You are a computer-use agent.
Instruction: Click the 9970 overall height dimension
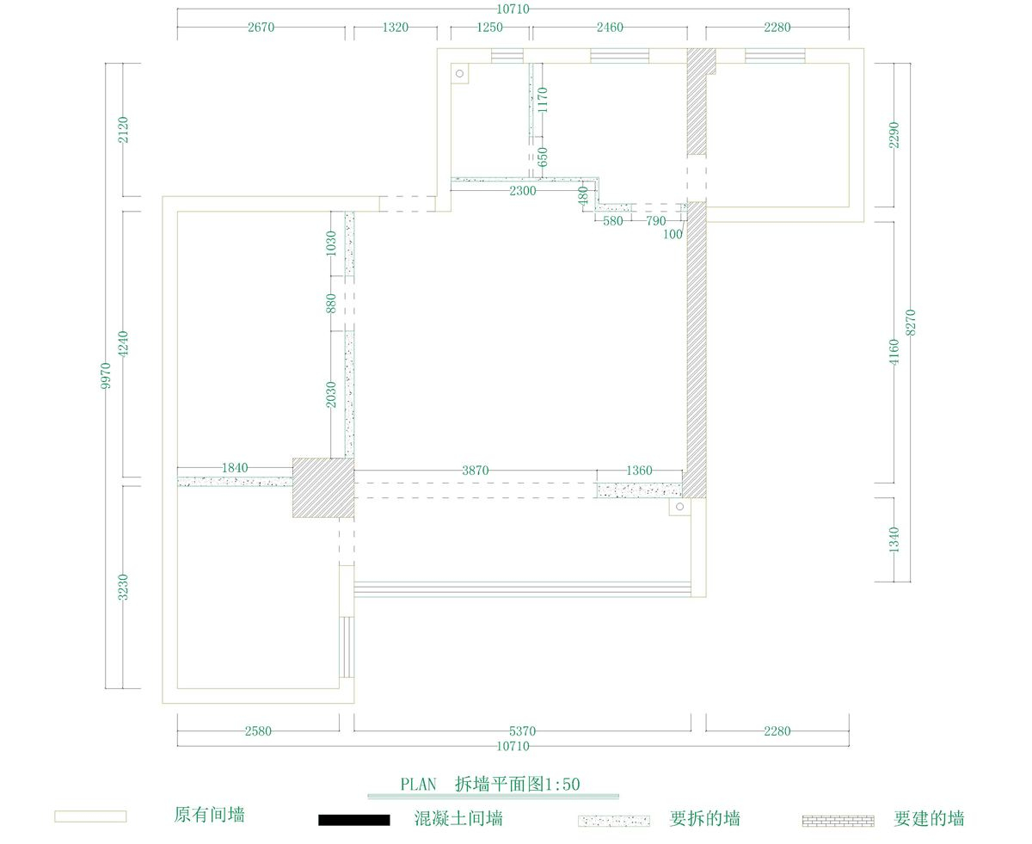[106, 376]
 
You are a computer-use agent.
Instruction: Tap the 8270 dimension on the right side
[910, 323]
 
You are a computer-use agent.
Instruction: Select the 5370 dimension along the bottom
[522, 731]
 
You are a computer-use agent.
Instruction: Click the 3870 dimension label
[475, 471]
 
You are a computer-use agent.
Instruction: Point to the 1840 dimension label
[235, 467]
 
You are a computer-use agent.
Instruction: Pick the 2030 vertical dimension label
[331, 395]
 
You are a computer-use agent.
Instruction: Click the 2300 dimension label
[523, 191]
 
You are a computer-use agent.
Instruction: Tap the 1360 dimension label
[639, 471]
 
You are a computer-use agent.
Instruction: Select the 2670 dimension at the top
[261, 28]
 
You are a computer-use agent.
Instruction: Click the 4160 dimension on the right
[894, 352]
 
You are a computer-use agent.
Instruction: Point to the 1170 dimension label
[542, 100]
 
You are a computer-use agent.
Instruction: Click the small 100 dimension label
[673, 235]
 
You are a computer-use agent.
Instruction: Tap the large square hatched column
[323, 488]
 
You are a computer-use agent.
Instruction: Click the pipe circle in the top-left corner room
[459, 73]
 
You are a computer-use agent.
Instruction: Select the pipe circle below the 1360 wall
[679, 507]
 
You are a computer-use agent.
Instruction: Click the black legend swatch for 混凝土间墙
[354, 820]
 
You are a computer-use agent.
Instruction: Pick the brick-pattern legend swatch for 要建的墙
[838, 821]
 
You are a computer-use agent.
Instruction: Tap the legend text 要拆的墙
[704, 818]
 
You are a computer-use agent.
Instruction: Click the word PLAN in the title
[418, 785]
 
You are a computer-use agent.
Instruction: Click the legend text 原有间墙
[210, 815]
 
